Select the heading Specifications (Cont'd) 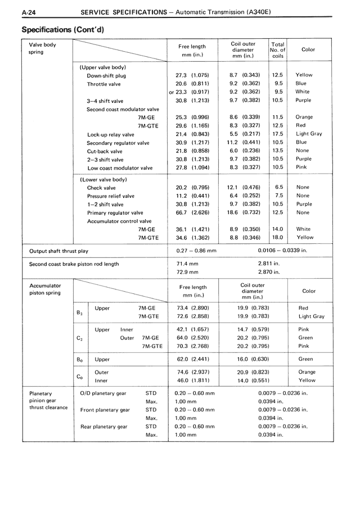tap(64, 28)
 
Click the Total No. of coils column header tap(277, 50)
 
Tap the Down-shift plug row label tap(106, 75)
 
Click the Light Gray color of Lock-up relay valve tap(309, 134)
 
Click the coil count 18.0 tap(277, 237)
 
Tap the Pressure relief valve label tap(110, 196)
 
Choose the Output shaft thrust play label tap(58, 251)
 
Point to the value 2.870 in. tap(269, 271)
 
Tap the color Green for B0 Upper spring tap(305, 359)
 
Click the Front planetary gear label tap(105, 410)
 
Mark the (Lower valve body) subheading tap(103, 179)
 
